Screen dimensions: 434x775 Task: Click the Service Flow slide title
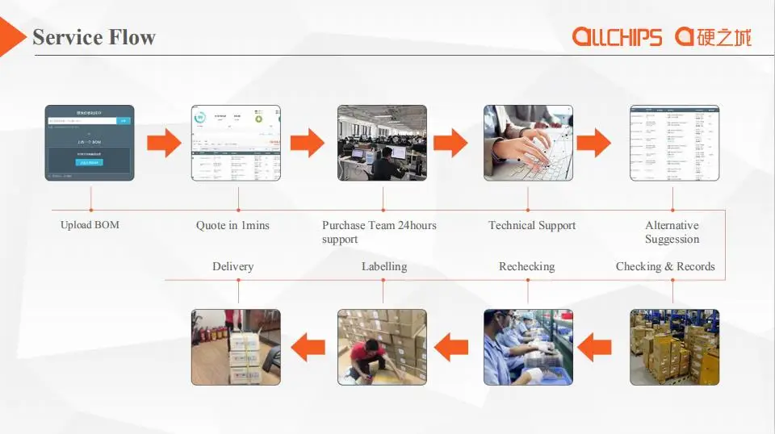click(94, 37)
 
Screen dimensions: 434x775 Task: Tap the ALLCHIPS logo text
click(617, 36)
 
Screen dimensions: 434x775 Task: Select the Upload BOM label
click(90, 225)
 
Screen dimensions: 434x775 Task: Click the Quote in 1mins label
click(232, 226)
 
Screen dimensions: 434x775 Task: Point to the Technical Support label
click(532, 226)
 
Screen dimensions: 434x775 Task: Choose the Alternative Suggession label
click(672, 232)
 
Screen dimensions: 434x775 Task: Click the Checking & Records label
click(665, 266)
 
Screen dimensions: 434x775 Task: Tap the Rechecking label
click(526, 266)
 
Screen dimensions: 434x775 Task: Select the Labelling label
click(383, 266)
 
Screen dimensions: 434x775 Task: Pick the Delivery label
click(232, 266)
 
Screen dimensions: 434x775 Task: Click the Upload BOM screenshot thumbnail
click(90, 143)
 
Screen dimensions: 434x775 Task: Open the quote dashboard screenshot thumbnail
click(236, 143)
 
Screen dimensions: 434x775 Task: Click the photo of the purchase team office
click(382, 143)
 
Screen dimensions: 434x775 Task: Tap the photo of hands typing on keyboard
click(528, 143)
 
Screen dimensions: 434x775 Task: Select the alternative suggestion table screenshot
click(674, 143)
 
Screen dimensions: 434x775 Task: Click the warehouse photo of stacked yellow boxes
click(674, 347)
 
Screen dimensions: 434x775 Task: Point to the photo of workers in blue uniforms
click(528, 347)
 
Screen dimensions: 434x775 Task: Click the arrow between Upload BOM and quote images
click(163, 143)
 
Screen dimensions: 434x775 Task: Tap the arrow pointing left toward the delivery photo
click(308, 348)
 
